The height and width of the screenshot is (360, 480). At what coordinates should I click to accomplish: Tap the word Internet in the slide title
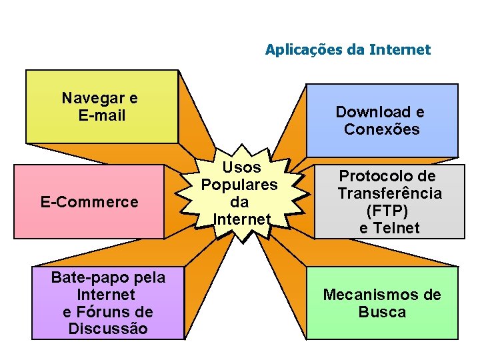[404, 50]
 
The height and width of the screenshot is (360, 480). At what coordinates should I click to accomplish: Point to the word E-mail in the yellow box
[101, 116]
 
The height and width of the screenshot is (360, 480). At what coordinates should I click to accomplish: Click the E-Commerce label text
[89, 202]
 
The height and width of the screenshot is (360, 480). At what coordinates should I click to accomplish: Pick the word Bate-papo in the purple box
[83, 277]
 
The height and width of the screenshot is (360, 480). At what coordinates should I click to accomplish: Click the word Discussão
[108, 329]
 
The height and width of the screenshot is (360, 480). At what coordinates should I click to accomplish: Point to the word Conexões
[381, 129]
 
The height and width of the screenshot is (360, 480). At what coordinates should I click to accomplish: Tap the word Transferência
[389, 193]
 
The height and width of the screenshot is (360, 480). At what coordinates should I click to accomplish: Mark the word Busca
[382, 312]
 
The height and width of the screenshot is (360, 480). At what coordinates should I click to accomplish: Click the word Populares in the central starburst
[239, 185]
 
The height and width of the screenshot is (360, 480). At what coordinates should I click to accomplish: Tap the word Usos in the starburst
[241, 167]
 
